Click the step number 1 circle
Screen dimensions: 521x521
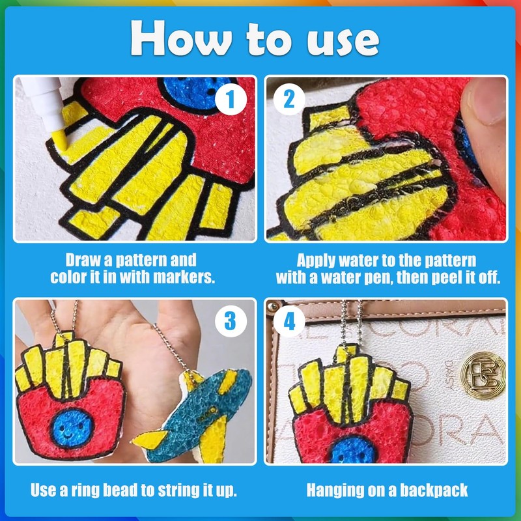(231, 99)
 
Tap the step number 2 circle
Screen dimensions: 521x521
(289, 99)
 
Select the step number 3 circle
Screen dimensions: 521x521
(231, 321)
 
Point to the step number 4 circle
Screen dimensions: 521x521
(289, 321)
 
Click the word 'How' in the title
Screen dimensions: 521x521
(181, 38)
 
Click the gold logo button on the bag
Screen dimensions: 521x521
(483, 375)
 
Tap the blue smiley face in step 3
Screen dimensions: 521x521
(71, 429)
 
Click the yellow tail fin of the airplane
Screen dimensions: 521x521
(150, 439)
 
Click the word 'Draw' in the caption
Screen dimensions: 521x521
(84, 260)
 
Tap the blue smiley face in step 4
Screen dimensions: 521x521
(353, 451)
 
